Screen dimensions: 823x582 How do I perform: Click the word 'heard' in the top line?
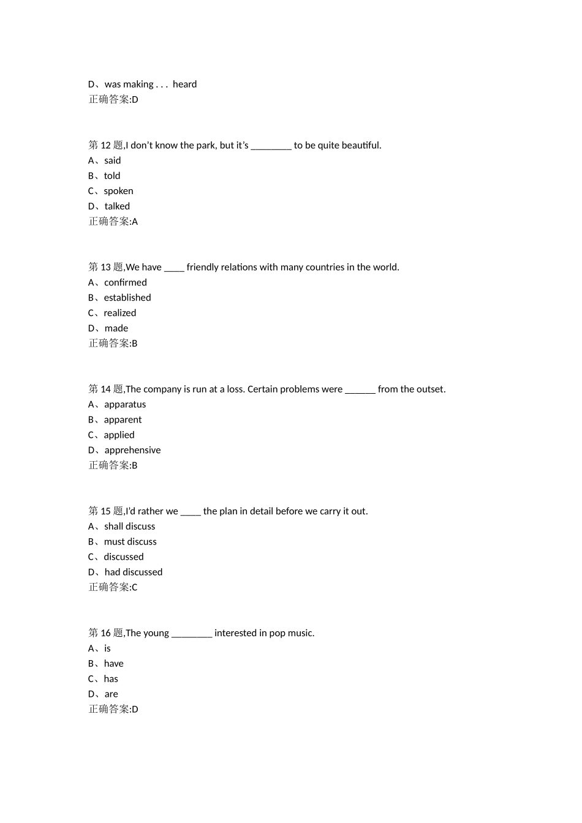pyautogui.click(x=184, y=85)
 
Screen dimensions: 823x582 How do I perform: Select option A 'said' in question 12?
pyautogui.click(x=112, y=160)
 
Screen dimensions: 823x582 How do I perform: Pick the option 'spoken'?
pyautogui.click(x=118, y=191)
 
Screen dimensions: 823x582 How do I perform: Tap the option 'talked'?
pyautogui.click(x=117, y=206)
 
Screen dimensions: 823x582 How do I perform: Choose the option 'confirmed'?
pyautogui.click(x=125, y=282)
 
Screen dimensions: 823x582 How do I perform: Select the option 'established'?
pyautogui.click(x=127, y=298)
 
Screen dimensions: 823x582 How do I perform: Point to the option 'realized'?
pyautogui.click(x=120, y=313)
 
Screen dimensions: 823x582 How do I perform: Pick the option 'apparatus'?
pyautogui.click(x=125, y=404)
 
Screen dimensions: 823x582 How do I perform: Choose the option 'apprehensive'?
pyautogui.click(x=132, y=450)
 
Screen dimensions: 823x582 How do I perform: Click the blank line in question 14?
pyautogui.click(x=360, y=391)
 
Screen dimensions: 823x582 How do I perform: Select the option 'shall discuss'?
pyautogui.click(x=129, y=527)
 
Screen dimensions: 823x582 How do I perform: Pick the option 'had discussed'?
pyautogui.click(x=134, y=572)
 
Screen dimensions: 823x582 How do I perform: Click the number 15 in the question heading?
pyautogui.click(x=106, y=511)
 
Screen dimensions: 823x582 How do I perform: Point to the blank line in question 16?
pyautogui.click(x=192, y=635)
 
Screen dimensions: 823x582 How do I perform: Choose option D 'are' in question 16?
pyautogui.click(x=111, y=694)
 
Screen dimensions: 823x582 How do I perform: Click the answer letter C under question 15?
pyautogui.click(x=135, y=587)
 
